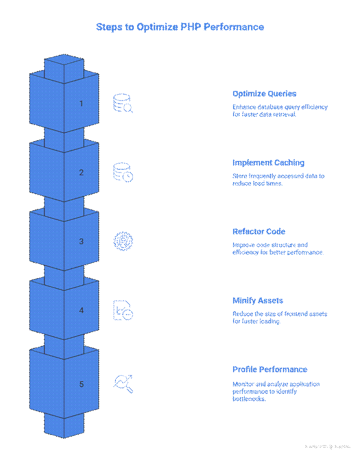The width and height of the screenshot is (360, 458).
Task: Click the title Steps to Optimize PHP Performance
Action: (x=180, y=27)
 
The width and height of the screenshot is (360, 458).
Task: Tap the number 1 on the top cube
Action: (x=81, y=103)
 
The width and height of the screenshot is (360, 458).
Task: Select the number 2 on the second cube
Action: (x=81, y=172)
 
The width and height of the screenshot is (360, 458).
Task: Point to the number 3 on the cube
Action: (x=81, y=241)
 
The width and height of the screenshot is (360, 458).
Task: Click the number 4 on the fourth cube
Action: (x=81, y=310)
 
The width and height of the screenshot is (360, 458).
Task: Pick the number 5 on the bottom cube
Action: (x=81, y=384)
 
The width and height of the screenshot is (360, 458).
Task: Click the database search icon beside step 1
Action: (x=123, y=103)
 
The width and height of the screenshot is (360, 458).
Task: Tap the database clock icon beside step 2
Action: (x=123, y=172)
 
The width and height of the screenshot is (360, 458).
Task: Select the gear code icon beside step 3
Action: (x=123, y=241)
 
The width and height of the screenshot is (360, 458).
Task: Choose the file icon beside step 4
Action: (x=123, y=310)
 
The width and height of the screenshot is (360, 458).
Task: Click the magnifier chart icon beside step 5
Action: (x=123, y=383)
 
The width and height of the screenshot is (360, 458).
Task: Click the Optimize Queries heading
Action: (x=264, y=94)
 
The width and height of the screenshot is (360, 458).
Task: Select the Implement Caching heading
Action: (x=268, y=162)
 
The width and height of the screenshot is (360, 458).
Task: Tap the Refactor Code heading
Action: (x=259, y=232)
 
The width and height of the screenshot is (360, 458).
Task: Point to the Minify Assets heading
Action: (x=258, y=300)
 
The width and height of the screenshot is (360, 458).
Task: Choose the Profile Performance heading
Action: (x=270, y=369)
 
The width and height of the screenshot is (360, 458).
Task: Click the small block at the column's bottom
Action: (x=64, y=424)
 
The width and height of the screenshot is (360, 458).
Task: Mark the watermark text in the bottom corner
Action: (x=328, y=446)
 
